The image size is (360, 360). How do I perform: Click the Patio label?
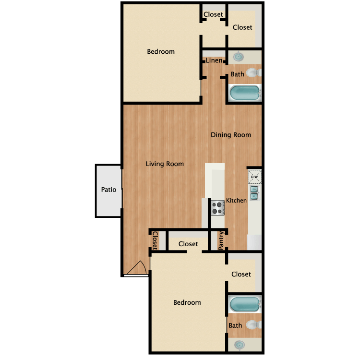(108, 190)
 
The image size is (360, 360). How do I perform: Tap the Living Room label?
(165, 164)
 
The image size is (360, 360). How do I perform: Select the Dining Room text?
(231, 135)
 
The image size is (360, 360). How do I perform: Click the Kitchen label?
(236, 201)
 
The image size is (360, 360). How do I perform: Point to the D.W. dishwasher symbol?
(254, 177)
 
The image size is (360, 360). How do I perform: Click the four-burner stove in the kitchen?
(217, 208)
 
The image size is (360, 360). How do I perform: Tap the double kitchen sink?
(254, 193)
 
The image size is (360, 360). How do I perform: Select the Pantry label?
(221, 240)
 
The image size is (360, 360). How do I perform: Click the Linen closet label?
(214, 60)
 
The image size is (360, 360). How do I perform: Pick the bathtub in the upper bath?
(244, 93)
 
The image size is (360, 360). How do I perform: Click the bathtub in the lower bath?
(244, 304)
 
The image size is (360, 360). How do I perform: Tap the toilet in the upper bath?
(253, 73)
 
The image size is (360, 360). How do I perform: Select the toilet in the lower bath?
(253, 325)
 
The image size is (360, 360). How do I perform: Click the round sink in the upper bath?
(239, 57)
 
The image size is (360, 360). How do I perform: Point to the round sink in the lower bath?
(240, 345)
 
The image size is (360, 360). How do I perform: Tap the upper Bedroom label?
(161, 52)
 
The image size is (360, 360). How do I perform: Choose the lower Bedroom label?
(187, 302)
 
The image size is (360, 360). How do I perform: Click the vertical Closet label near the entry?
(155, 240)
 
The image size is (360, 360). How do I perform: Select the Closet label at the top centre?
(213, 14)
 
